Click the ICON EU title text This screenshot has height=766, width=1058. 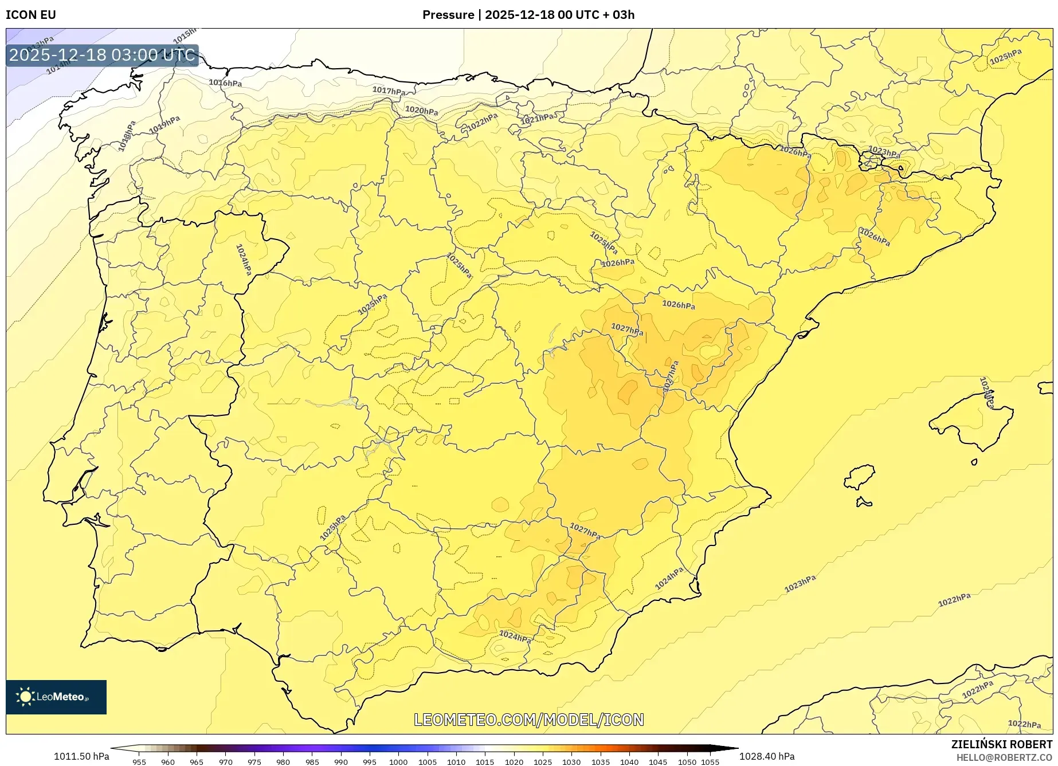click(x=31, y=15)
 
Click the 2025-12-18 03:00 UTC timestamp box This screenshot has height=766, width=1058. click(x=103, y=56)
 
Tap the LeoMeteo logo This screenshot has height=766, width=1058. click(x=56, y=697)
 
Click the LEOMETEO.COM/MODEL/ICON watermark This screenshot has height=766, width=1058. click(x=528, y=720)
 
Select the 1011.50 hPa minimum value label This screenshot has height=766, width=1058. click(x=81, y=756)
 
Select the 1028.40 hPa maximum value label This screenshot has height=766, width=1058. click(x=766, y=756)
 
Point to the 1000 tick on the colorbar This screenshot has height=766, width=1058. click(x=398, y=761)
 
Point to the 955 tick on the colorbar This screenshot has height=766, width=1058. click(x=139, y=761)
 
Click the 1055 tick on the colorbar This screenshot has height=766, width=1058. click(x=710, y=761)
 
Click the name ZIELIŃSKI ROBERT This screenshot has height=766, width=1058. click(x=1001, y=744)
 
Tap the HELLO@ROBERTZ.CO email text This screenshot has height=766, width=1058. click(x=1004, y=757)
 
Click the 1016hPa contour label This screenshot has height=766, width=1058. click(x=225, y=83)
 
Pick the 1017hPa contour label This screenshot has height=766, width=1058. click(x=389, y=91)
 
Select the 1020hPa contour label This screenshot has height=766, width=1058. click(x=421, y=110)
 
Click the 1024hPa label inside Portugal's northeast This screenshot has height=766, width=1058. click(x=244, y=260)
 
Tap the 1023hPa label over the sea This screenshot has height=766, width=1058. click(x=800, y=584)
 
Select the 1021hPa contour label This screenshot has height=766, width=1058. click(x=537, y=119)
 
